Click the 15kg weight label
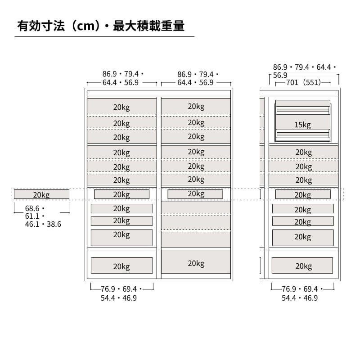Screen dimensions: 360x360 [302, 125]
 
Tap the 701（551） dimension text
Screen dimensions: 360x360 [304, 82]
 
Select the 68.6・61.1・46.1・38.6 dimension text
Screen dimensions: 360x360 [43, 216]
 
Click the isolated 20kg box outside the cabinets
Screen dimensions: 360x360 [41, 194]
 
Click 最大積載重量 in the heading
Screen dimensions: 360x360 [149, 26]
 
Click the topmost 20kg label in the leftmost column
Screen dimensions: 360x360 [121, 107]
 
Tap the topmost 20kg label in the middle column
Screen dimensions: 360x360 [196, 107]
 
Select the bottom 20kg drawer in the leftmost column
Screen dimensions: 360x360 [121, 266]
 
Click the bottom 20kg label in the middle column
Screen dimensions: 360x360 [196, 263]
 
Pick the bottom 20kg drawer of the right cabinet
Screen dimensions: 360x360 [302, 266]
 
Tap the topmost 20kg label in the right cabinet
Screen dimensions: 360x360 [304, 152]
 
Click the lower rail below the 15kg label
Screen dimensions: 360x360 [302, 134]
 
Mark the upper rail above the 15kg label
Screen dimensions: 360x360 [302, 110]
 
